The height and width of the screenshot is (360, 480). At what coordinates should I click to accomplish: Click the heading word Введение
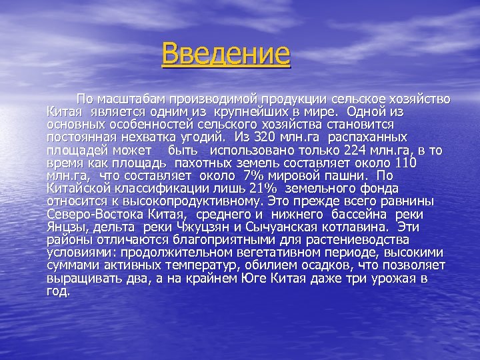click(x=226, y=53)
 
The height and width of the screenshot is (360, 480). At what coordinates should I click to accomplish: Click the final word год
click(x=58, y=291)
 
